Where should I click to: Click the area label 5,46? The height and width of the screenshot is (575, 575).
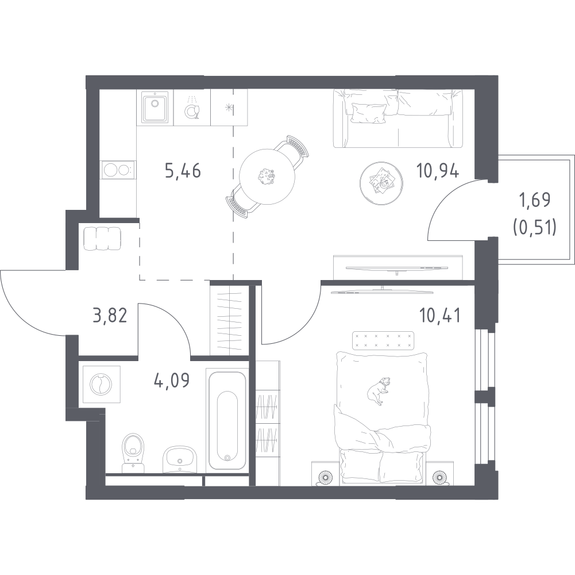[x=183, y=171]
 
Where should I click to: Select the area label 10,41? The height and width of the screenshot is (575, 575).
[x=439, y=316]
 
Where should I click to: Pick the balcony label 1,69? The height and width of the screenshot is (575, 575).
[x=535, y=200]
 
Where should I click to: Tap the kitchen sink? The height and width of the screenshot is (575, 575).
[x=153, y=108]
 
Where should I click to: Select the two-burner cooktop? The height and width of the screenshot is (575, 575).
[x=118, y=169]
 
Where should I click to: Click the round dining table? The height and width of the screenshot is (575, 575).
[x=265, y=177]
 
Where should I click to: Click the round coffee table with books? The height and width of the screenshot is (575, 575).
[x=379, y=180]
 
